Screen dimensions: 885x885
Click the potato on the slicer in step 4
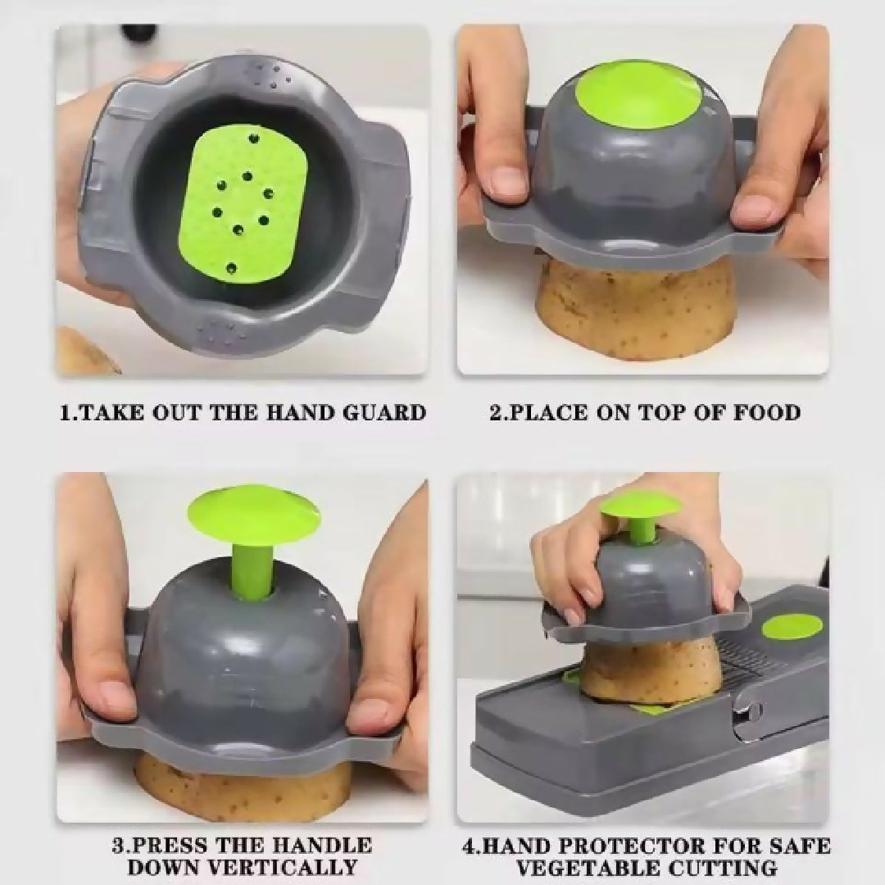coord(649,672)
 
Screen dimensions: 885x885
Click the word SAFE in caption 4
coord(801,846)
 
